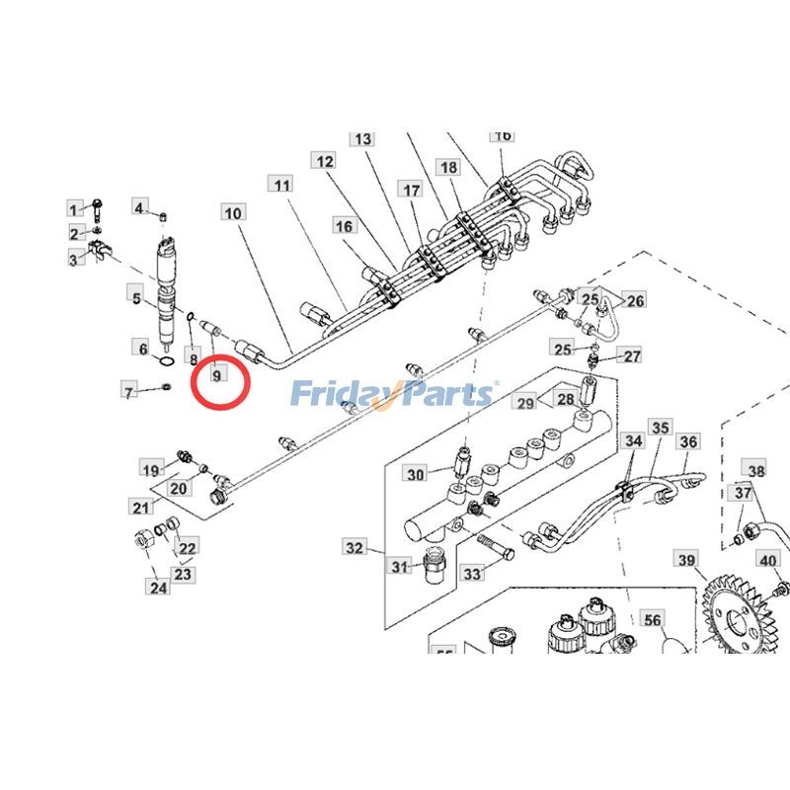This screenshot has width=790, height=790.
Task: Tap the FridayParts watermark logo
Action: point(393,394)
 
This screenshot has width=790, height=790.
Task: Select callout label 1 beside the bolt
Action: point(75,208)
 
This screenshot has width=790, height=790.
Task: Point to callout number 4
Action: point(141,206)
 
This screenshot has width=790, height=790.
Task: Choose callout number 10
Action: point(233,213)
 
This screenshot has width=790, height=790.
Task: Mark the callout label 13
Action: point(362,139)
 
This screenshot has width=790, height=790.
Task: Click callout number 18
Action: point(449,169)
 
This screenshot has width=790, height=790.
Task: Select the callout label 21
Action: point(141,508)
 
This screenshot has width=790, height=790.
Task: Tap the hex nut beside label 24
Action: point(141,540)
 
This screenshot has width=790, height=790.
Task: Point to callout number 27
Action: point(632,356)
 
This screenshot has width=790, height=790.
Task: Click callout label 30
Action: point(415,475)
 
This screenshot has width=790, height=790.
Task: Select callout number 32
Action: point(355,547)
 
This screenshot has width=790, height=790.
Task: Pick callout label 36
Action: point(688,442)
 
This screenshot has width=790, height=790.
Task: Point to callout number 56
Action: point(652,620)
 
